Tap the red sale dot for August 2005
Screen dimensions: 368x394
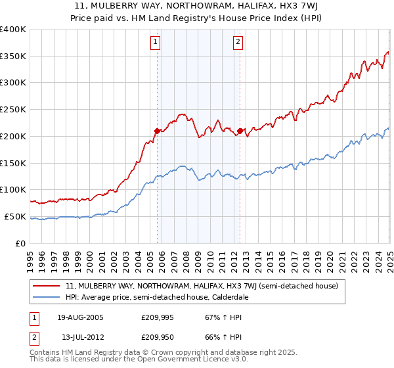pos(158,131)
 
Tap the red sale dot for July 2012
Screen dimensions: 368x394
pos(240,131)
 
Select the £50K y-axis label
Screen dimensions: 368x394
pos(15,216)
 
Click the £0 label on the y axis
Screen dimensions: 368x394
pos(20,243)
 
